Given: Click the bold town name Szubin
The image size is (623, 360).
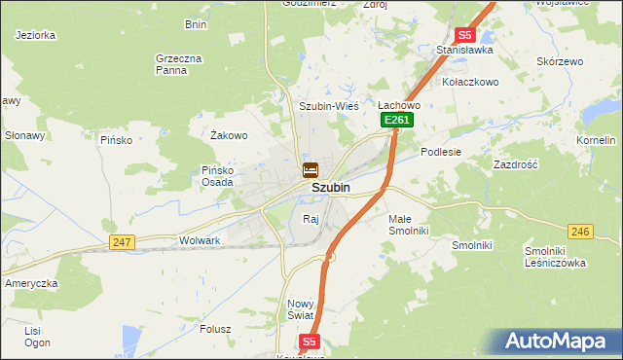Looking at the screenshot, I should (x=331, y=188).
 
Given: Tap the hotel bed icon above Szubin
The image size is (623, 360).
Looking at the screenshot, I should (x=309, y=169).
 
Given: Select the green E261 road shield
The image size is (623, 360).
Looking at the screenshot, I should (x=397, y=120).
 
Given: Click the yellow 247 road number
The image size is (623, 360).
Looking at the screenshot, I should (x=122, y=241).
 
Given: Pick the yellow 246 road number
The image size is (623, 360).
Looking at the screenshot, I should (x=580, y=231).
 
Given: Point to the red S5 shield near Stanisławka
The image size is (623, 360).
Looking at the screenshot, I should (x=465, y=34).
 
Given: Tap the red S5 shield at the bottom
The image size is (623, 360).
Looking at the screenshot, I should (x=309, y=342).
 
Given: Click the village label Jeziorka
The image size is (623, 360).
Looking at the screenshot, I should (x=36, y=34).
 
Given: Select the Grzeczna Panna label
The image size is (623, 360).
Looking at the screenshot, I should (x=178, y=64).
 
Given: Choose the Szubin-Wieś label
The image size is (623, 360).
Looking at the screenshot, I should (x=329, y=105).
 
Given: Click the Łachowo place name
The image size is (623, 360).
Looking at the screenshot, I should (x=398, y=105).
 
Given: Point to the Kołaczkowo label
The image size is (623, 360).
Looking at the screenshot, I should (x=470, y=82).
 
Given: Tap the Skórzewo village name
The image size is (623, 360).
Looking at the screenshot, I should (x=560, y=61).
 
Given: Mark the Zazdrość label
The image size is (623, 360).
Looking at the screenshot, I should (x=516, y=165).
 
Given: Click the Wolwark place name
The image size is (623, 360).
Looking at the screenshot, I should (x=201, y=239).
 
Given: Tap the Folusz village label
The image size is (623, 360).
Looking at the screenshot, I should (x=214, y=328).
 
